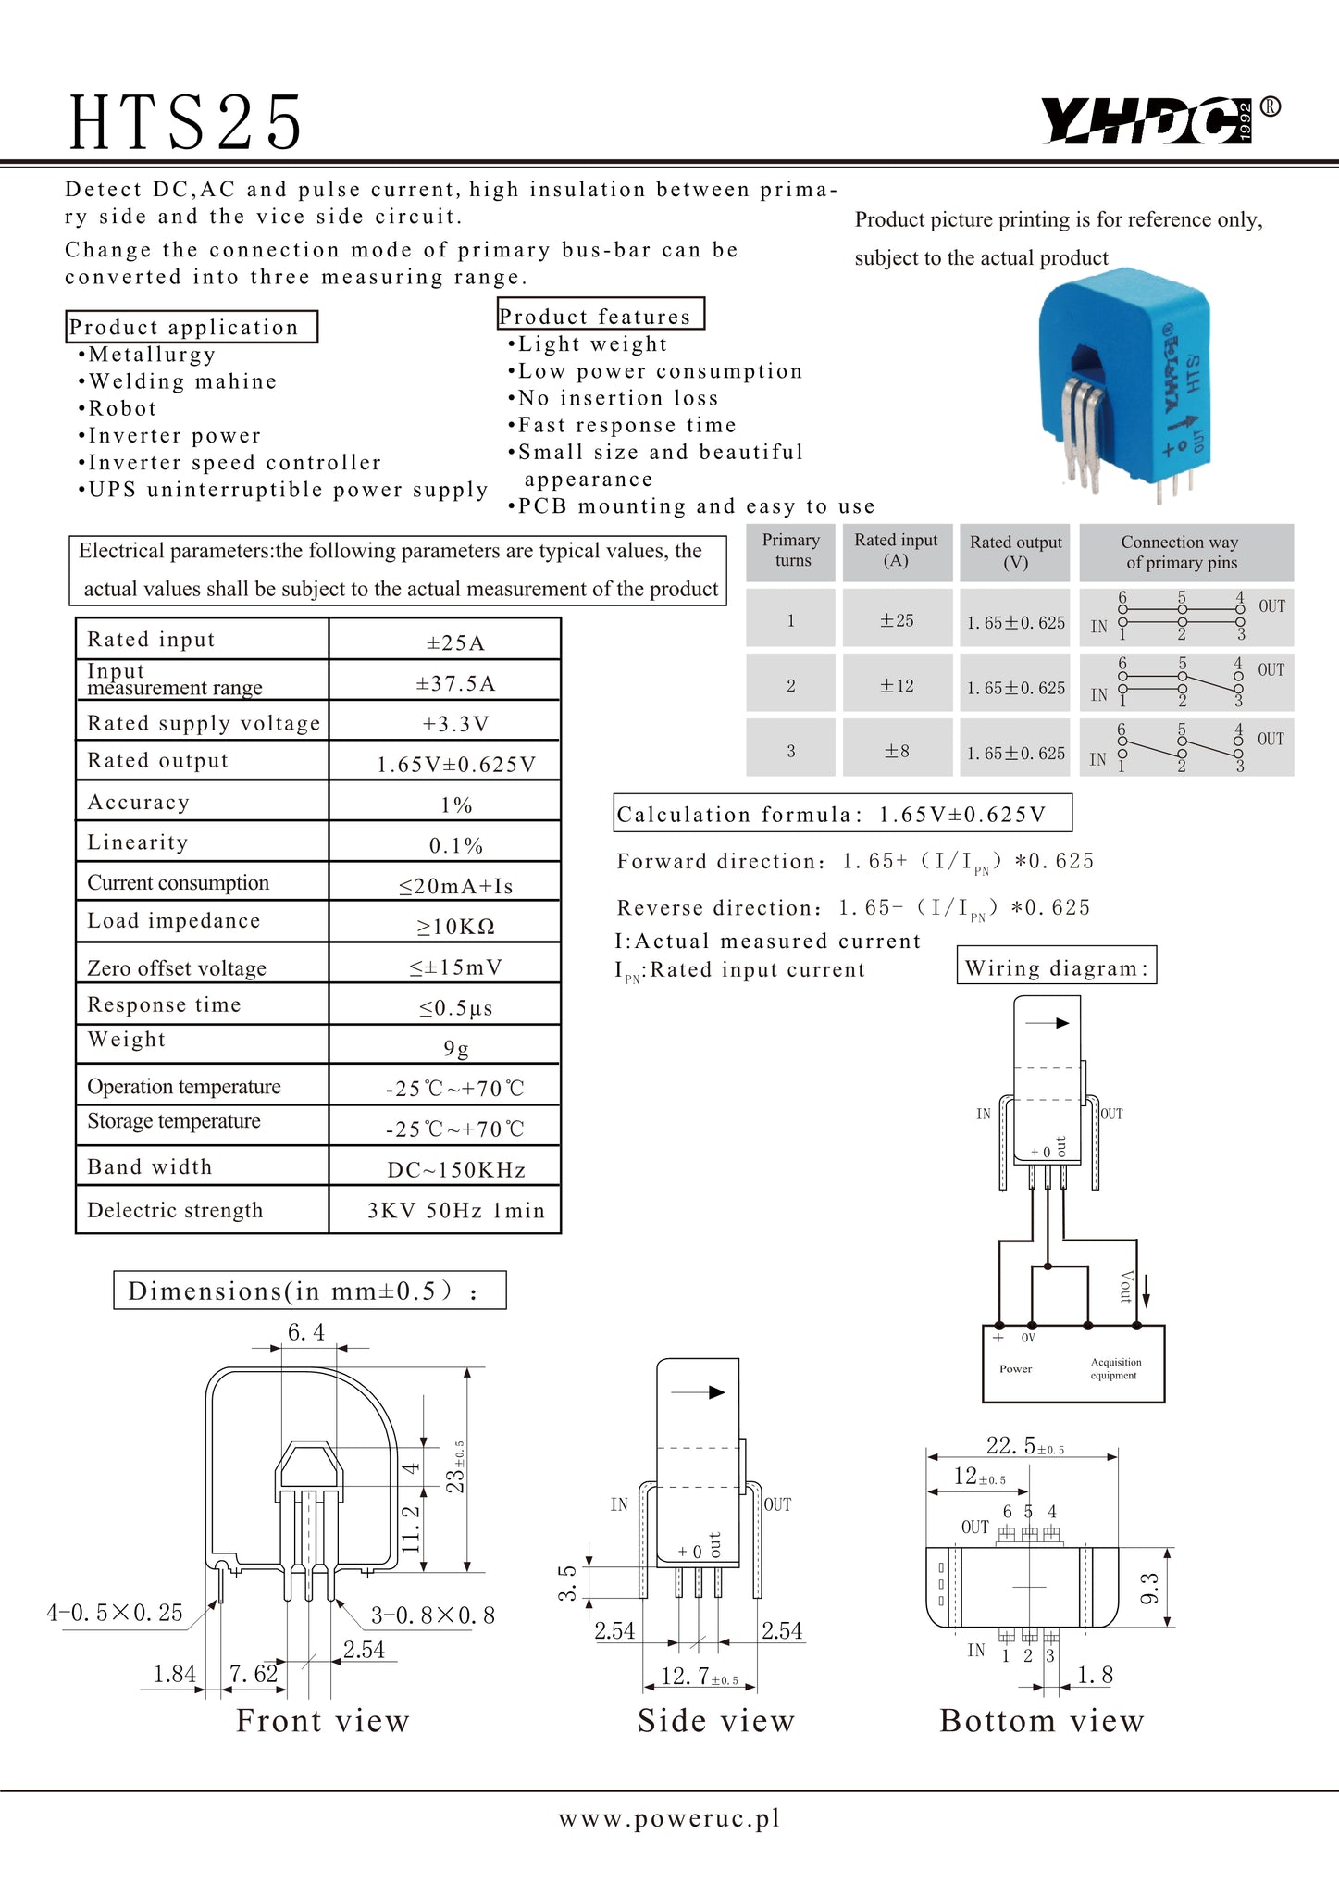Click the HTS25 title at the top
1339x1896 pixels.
186,122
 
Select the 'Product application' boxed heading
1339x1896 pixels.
192,327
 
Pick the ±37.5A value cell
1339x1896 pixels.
455,683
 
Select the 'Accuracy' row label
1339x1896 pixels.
138,802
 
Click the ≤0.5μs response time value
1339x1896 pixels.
455,1007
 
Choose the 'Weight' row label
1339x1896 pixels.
127,1039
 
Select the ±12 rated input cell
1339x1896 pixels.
896,686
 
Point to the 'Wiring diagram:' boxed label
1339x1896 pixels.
1057,968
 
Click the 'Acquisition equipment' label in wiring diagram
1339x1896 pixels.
1115,1368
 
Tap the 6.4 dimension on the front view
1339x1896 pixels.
305,1332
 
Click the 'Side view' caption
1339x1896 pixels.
716,1720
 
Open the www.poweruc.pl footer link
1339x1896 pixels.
669,1818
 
